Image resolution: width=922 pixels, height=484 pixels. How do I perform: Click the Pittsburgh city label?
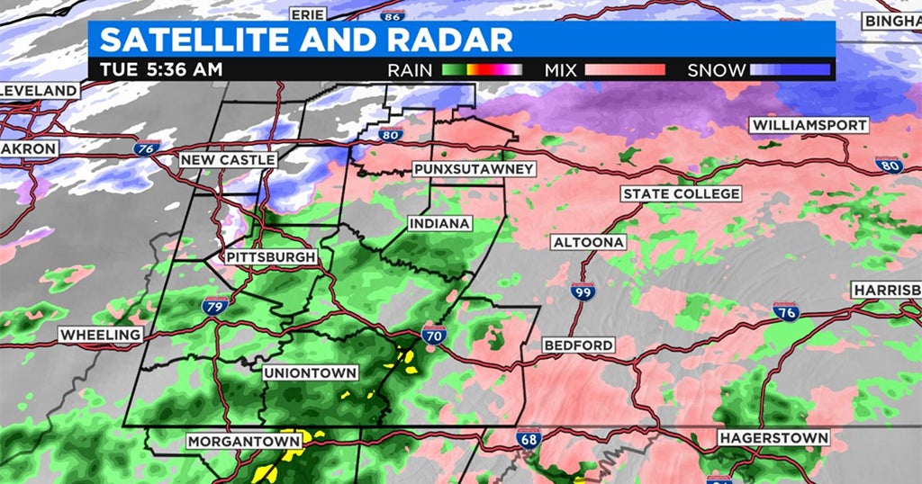tap(271, 257)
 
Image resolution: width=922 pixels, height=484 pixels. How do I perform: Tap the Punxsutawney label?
tap(474, 169)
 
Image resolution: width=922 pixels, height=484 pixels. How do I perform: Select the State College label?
tap(682, 194)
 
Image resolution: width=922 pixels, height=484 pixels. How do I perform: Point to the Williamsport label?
tap(810, 125)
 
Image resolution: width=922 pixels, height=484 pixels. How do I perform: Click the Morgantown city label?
tap(244, 442)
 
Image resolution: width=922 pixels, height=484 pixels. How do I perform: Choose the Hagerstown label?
tap(773, 438)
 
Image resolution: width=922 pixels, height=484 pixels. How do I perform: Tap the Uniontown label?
tap(311, 372)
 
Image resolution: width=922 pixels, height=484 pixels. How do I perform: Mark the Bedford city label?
tap(579, 345)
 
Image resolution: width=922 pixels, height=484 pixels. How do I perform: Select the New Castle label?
tap(228, 159)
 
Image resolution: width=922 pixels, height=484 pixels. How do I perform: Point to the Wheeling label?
tap(100, 335)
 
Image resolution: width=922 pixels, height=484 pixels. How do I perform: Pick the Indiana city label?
tap(439, 223)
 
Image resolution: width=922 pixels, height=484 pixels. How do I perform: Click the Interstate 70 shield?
tap(434, 336)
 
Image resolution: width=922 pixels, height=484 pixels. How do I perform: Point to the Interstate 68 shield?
tap(529, 440)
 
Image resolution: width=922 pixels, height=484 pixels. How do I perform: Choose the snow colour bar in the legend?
tap(790, 69)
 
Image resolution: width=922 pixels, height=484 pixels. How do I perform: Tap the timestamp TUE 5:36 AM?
tap(160, 69)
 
